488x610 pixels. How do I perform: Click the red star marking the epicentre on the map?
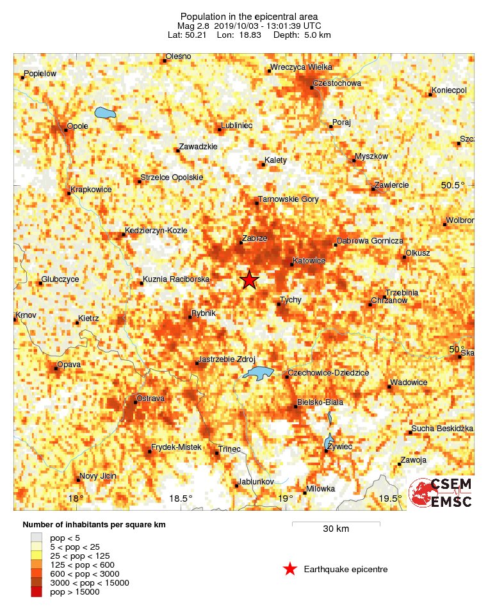point(249,280)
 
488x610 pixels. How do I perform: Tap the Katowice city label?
point(309,261)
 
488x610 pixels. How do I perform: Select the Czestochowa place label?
point(338,83)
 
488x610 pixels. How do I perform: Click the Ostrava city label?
point(150,399)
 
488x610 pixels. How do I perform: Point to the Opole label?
point(77,126)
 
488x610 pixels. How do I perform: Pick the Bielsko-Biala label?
point(321,402)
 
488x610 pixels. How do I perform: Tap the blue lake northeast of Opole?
point(104,113)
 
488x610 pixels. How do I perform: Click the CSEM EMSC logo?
point(441,492)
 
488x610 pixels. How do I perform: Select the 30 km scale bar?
point(336,523)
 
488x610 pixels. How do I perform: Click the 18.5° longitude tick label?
point(181,499)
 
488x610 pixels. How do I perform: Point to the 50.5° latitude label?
point(453,185)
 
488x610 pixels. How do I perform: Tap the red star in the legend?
point(290,569)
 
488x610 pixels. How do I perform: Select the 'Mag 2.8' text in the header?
point(195,26)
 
